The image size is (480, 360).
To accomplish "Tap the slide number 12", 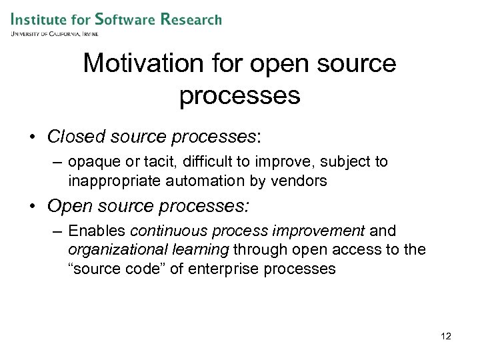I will point(446,336).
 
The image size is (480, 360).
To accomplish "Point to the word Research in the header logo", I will point(191,19).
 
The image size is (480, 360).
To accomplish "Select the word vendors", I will point(305,180).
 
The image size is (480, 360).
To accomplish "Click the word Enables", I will point(98,231).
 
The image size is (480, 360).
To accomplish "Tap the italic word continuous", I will point(171,231).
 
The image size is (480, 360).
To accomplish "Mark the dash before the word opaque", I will point(57,163).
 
